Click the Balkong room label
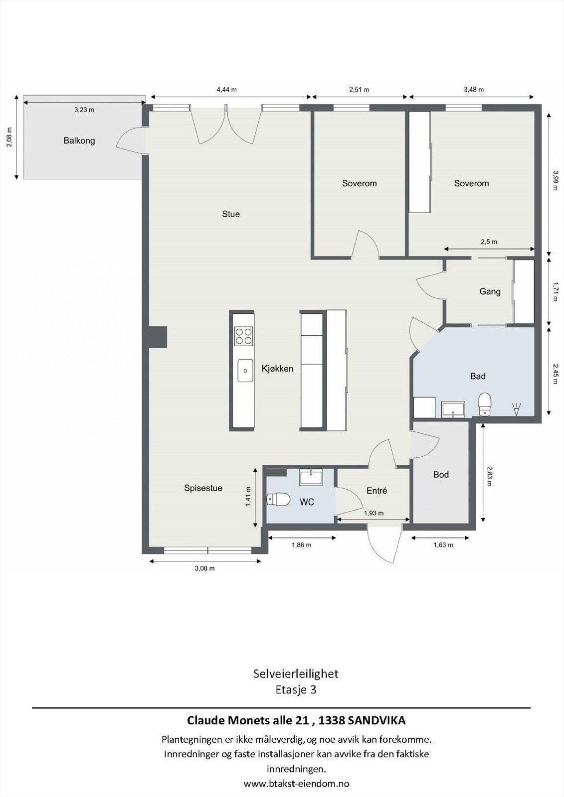click(x=79, y=140)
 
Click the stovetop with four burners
click(x=244, y=336)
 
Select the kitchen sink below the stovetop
click(x=245, y=370)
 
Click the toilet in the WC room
click(x=279, y=499)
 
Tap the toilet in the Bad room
click(x=484, y=404)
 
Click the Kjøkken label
click(x=277, y=369)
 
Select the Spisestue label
click(x=203, y=488)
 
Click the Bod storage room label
click(x=441, y=475)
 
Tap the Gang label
click(x=490, y=291)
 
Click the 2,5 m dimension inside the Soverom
click(x=489, y=242)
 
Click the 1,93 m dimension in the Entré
click(x=374, y=513)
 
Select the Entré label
click(x=376, y=491)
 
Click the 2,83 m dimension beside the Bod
click(x=490, y=476)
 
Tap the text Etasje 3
click(x=296, y=690)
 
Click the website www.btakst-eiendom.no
click(x=296, y=784)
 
